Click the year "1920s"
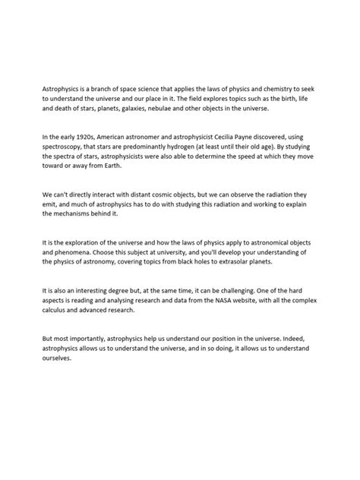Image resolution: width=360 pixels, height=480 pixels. coord(81,136)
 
